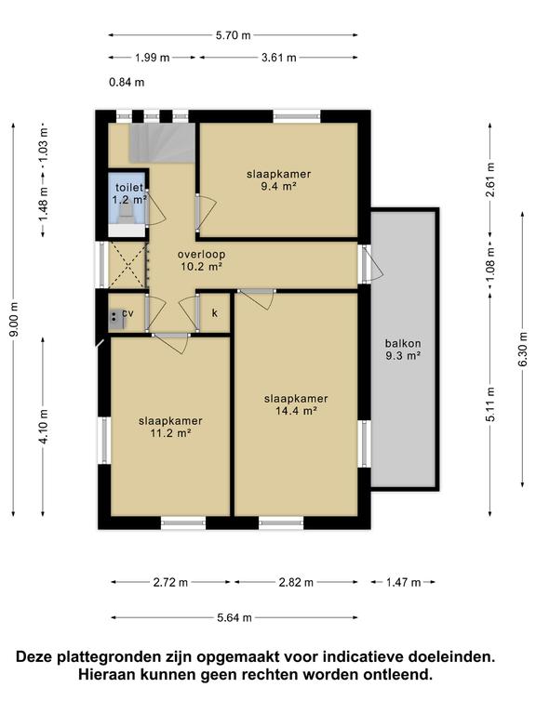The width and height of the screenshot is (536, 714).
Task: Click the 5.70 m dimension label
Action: point(233,35)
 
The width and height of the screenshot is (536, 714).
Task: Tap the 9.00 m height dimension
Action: point(14,319)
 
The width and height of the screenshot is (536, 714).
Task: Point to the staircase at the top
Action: point(162,142)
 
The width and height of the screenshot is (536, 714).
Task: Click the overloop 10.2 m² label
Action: point(201,260)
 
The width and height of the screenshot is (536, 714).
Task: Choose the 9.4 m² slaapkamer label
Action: point(279,179)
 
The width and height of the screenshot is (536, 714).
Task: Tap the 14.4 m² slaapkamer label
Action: point(296,404)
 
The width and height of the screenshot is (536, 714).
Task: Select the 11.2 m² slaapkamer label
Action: point(170,427)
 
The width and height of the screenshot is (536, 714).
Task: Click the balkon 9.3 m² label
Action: point(403,350)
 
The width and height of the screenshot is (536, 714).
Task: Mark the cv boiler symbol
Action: point(116,319)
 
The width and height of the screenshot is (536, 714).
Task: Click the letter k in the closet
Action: point(215,312)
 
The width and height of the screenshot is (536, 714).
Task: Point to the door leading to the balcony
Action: point(371,264)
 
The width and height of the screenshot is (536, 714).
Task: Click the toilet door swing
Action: point(157,208)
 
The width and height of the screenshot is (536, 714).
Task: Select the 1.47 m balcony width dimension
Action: point(403,582)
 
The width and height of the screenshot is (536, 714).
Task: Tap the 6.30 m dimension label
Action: point(523,350)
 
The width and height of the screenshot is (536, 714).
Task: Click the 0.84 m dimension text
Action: point(127,83)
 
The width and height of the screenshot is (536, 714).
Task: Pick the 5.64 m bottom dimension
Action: point(234,618)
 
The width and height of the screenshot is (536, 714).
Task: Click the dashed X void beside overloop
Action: point(127,265)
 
